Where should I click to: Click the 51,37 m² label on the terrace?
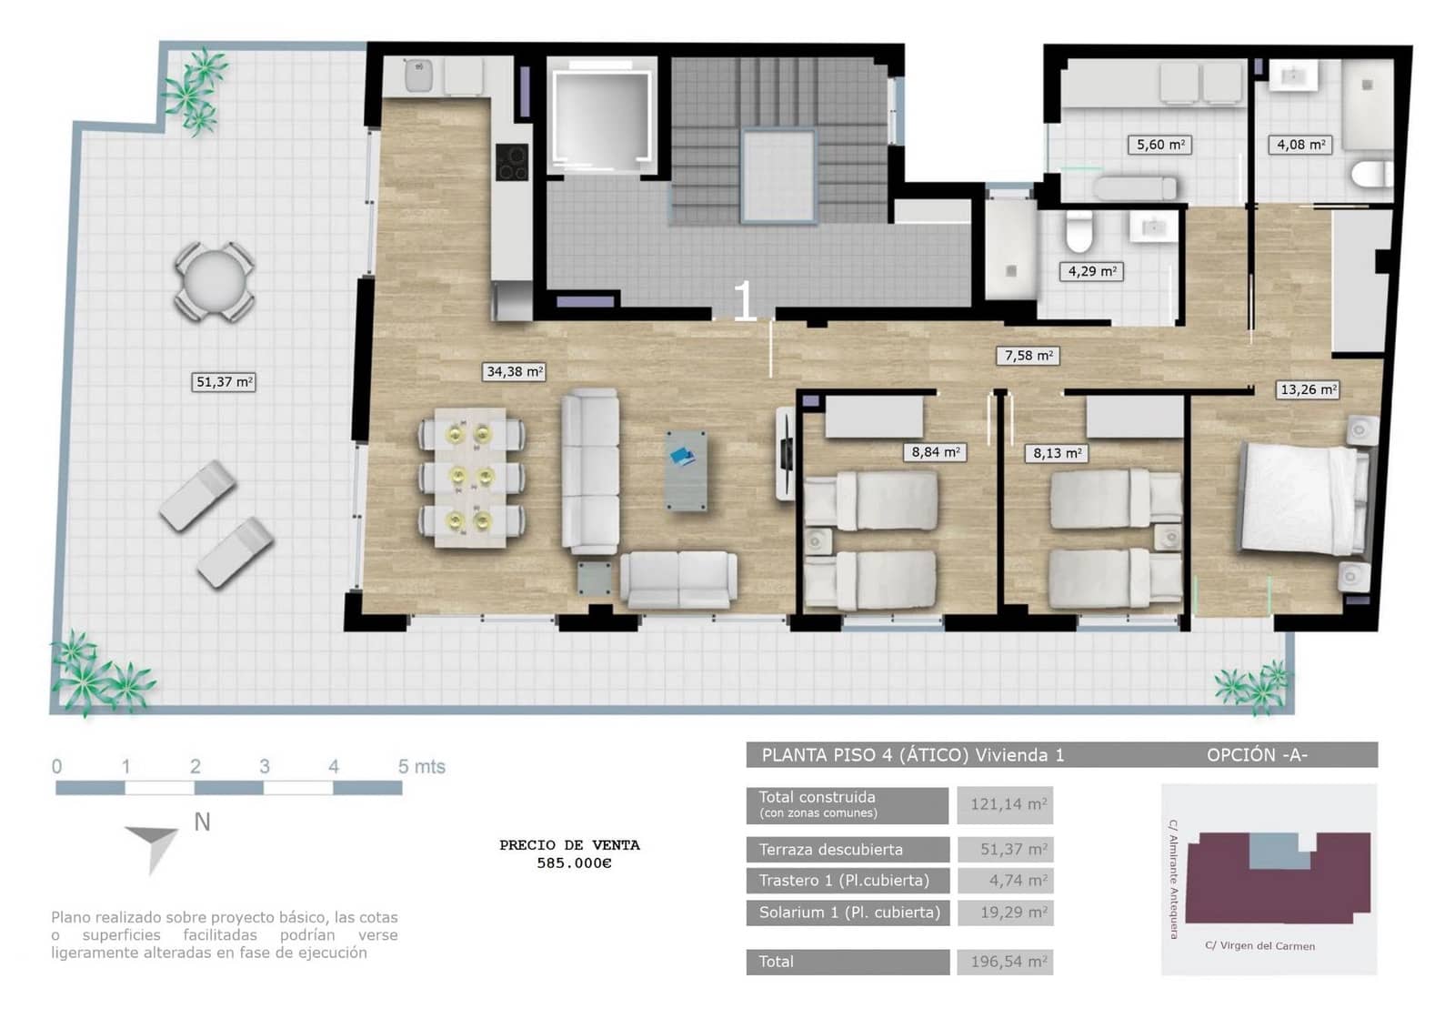(225, 382)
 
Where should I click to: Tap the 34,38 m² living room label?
(514, 371)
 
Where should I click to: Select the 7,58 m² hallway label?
(1029, 356)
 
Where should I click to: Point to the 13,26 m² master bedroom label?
(1308, 389)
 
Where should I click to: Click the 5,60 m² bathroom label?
(1160, 145)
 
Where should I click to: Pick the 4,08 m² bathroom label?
(1300, 145)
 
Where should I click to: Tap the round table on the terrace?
(214, 281)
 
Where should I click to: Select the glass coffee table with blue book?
(685, 469)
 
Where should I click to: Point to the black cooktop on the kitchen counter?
(512, 163)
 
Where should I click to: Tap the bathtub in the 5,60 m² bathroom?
(1134, 189)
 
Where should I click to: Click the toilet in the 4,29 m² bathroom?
(1079, 232)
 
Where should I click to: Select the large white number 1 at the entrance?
(744, 301)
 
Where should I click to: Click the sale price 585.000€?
(574, 863)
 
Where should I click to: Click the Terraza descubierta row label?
(831, 850)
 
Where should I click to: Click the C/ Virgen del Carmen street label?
(1259, 945)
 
